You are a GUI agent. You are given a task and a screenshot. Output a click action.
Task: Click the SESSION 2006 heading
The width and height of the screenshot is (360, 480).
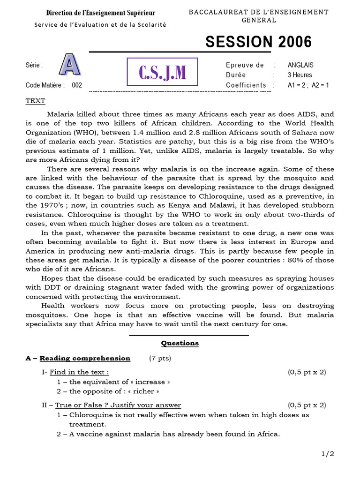[x=258, y=42]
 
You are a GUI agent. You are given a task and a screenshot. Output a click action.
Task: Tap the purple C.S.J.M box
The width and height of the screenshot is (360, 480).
[x=162, y=72]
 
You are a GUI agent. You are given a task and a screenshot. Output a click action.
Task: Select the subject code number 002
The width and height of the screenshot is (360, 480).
[x=77, y=85]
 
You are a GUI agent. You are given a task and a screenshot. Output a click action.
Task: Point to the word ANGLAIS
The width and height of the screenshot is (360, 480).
[x=300, y=65]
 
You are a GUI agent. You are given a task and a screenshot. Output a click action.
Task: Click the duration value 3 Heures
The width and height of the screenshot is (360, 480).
[x=300, y=75]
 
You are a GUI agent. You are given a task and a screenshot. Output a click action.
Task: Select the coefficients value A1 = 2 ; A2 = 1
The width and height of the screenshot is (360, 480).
[x=308, y=85]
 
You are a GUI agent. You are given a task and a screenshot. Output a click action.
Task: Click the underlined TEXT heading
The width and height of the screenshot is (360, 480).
[x=35, y=101]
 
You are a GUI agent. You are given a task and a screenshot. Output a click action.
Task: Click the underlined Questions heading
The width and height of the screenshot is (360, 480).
[x=180, y=343]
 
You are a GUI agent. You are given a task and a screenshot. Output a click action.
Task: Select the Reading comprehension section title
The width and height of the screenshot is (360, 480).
[x=84, y=358]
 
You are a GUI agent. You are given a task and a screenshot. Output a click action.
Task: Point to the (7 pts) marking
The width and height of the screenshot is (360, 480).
[x=160, y=358]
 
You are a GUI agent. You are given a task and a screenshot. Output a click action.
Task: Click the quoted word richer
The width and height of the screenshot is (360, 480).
[x=146, y=391]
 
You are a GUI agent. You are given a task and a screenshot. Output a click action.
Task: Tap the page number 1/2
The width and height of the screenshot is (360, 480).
[x=328, y=453]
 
